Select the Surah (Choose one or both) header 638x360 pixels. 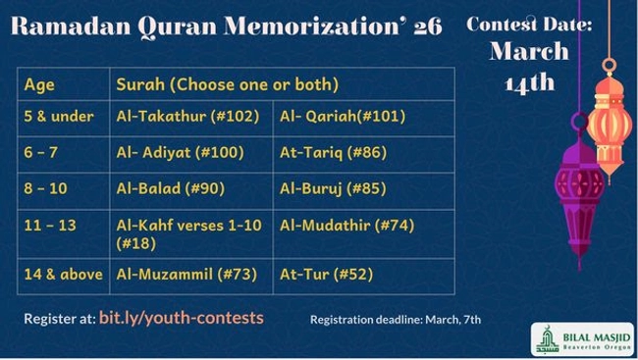[227, 84]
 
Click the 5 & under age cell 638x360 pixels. [59, 116]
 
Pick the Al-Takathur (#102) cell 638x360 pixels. [187, 116]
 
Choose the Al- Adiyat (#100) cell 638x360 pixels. [183, 152]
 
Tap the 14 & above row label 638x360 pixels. [63, 274]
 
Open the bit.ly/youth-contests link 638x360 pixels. [182, 318]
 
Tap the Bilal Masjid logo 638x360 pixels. [581, 338]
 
